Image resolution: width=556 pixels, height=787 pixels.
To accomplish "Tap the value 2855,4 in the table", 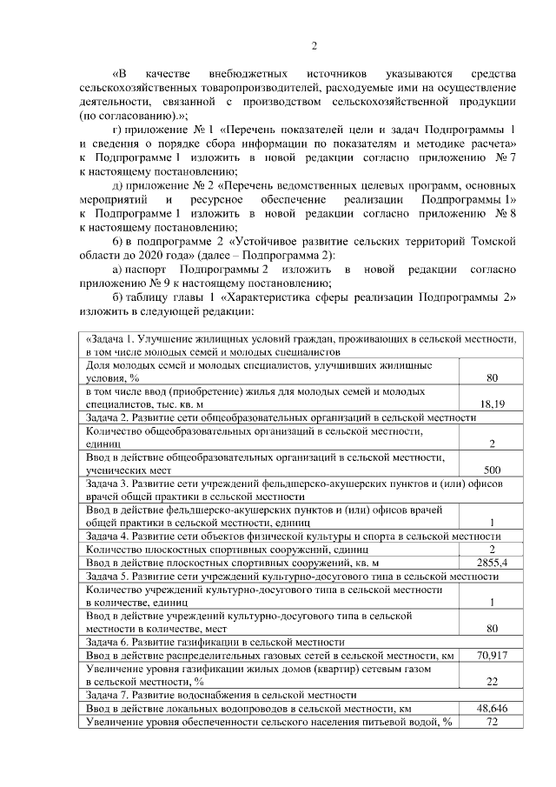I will (492, 563).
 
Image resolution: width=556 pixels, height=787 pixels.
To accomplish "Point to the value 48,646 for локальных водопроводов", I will (492, 709).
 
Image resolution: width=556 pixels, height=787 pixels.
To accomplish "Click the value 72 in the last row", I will (492, 722).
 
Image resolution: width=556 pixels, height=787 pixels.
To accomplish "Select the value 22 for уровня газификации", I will (492, 681).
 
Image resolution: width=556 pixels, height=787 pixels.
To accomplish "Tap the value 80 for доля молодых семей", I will (492, 378).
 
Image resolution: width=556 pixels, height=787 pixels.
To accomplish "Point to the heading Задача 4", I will (109, 537).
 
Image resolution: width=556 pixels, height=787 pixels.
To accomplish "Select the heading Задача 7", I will (109, 695).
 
